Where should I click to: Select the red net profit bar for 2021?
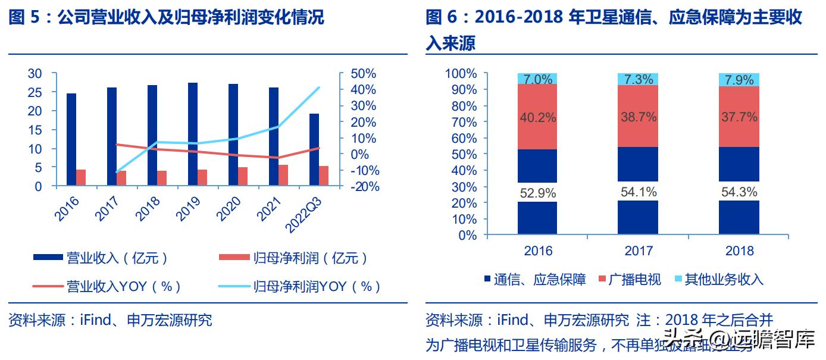click(283, 176)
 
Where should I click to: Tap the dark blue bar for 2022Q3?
click(314, 150)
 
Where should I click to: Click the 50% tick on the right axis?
click(363, 74)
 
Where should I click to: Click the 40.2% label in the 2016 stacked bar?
click(537, 118)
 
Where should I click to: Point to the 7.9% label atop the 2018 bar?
click(739, 80)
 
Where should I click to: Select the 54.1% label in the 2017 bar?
click(638, 192)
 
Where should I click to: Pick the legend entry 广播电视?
click(634, 279)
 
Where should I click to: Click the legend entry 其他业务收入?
click(724, 279)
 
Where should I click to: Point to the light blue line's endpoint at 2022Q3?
click(320, 87)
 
